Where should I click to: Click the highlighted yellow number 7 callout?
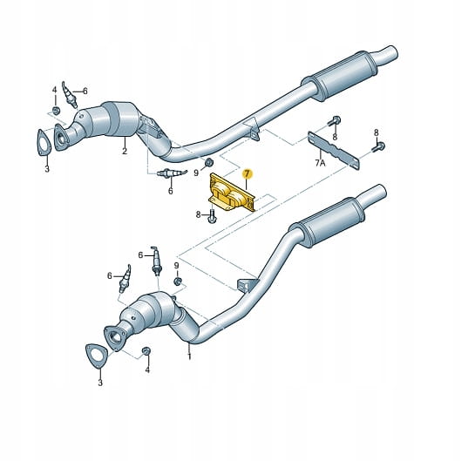(248, 174)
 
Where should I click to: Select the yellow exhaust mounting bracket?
(232, 193)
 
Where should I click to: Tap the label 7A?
(320, 163)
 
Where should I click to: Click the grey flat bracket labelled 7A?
(334, 151)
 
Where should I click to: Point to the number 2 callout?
(125, 151)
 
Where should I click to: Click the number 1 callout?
(189, 356)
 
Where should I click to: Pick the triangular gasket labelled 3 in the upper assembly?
(44, 142)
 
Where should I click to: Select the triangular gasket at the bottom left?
(97, 356)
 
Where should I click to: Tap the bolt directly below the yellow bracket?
(212, 214)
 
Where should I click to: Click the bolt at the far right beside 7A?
(379, 146)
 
